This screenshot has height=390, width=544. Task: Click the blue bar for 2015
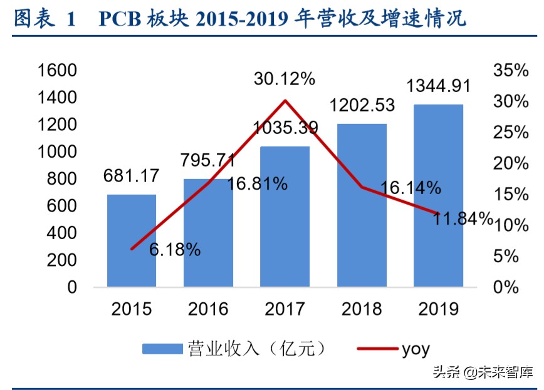tap(132, 241)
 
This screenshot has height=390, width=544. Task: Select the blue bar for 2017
tap(285, 217)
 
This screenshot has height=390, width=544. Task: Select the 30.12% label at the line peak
tap(284, 79)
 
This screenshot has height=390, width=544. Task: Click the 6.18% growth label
tap(175, 250)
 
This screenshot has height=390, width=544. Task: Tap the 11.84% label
tap(461, 218)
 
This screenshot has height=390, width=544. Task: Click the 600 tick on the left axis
tap(63, 206)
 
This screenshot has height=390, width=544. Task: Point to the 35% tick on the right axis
tap(511, 71)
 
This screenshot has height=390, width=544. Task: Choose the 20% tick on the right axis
tap(511, 163)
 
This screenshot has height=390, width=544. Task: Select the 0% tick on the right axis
tap(515, 287)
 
